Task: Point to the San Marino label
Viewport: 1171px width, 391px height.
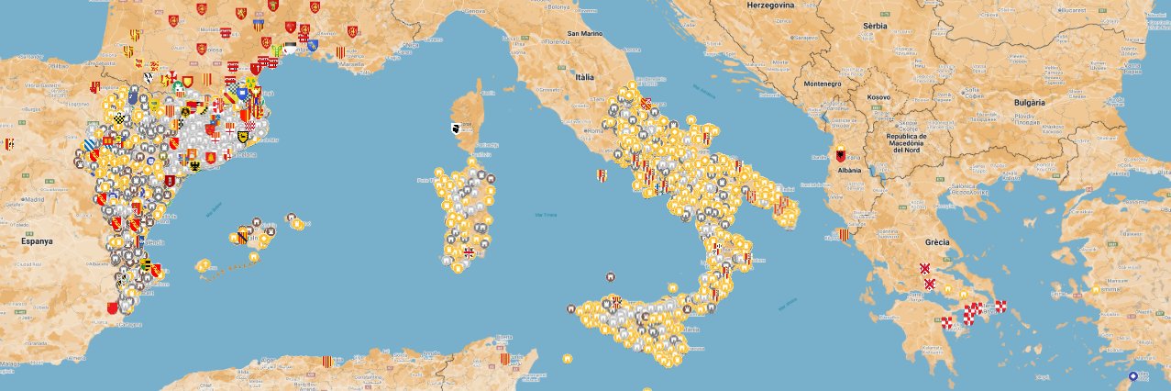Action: [584, 34]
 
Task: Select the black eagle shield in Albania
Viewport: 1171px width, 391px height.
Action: [854, 157]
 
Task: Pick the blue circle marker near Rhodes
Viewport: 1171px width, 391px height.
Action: [1133, 376]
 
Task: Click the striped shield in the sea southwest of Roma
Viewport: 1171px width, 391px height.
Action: [602, 175]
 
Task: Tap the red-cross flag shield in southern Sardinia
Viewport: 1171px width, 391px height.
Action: [470, 252]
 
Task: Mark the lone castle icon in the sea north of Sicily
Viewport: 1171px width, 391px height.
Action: [609, 274]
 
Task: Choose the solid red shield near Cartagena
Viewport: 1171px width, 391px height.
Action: [113, 307]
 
